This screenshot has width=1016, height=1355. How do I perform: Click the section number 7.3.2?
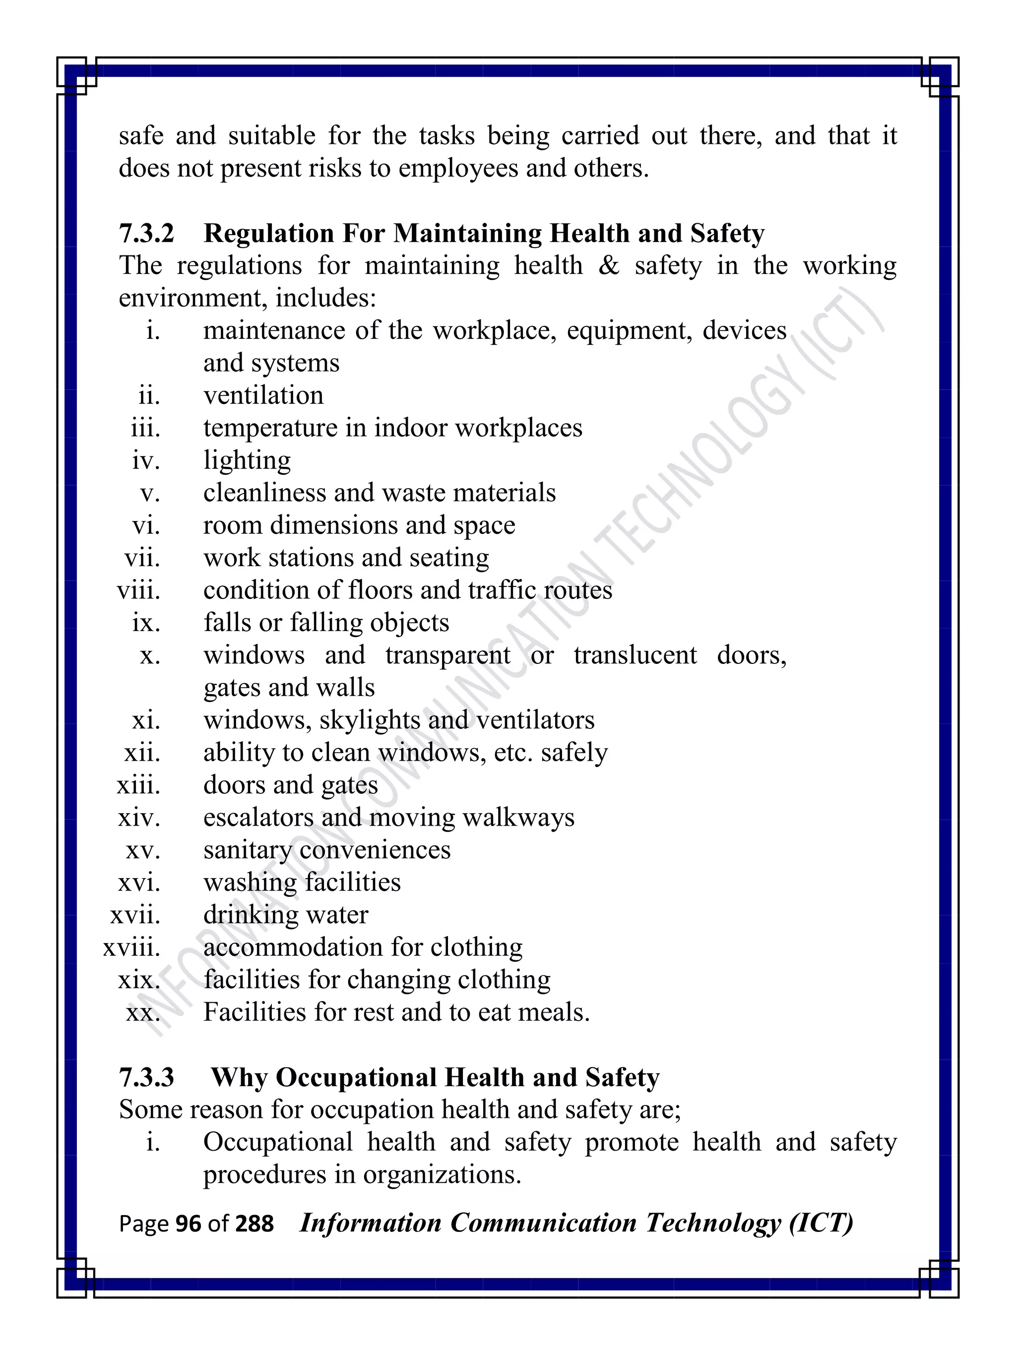[x=146, y=233]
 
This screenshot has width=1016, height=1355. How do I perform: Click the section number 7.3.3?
[x=146, y=1077]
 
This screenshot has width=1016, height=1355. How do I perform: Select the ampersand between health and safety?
[x=608, y=266]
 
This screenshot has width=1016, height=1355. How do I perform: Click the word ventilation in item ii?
[x=263, y=395]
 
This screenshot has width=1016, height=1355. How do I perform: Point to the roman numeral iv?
[x=146, y=460]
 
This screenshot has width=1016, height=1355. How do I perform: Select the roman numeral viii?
[x=138, y=590]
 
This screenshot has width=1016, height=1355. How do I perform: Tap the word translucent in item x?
[x=635, y=655]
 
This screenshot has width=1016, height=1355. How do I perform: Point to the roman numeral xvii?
[x=135, y=914]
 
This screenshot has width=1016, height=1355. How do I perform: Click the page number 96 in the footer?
[x=188, y=1224]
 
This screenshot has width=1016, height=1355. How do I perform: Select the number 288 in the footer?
[x=254, y=1224]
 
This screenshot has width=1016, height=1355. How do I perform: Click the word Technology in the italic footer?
[x=713, y=1224]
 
